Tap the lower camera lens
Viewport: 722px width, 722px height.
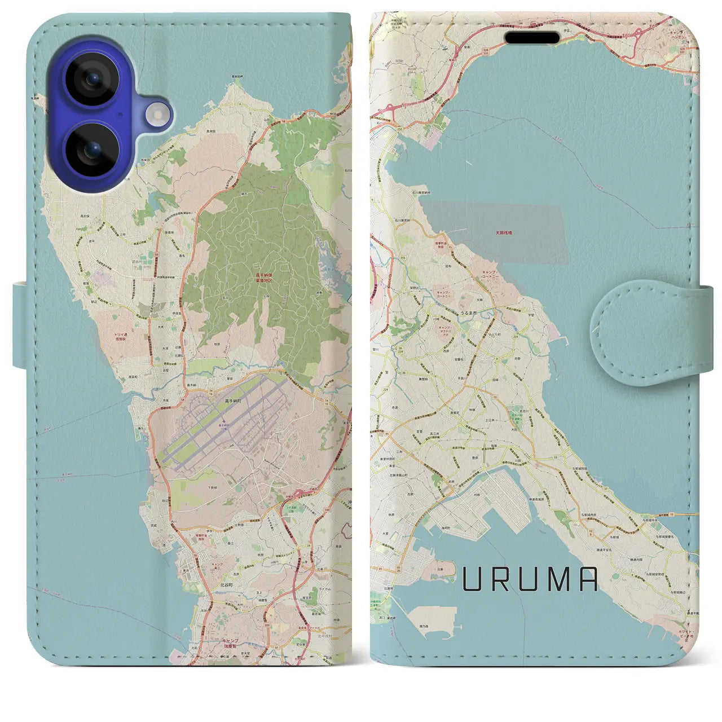(x=92, y=151)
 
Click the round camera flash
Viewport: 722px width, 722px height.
(x=159, y=116)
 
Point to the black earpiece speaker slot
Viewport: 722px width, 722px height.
(x=532, y=38)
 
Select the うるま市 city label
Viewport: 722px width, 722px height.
(x=469, y=312)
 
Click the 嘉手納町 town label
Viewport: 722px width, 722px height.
(x=233, y=401)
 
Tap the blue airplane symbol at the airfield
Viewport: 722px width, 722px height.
(x=224, y=421)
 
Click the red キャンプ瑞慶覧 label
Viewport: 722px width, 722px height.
(x=230, y=644)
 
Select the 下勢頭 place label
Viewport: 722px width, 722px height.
(x=213, y=487)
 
